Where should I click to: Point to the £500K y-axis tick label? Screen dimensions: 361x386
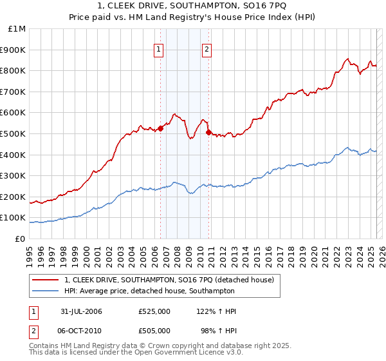pyautogui.click(x=14, y=134)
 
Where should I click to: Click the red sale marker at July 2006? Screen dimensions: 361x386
pyautogui.click(x=161, y=128)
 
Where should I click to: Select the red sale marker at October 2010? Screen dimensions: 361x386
pyautogui.click(x=208, y=132)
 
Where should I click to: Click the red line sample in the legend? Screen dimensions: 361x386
pyautogui.click(x=46, y=280)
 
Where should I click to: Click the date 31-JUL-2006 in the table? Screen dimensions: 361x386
pyautogui.click(x=81, y=311)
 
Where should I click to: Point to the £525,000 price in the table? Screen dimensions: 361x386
pyautogui.click(x=154, y=311)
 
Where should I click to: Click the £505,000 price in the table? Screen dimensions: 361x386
pyautogui.click(x=154, y=331)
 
